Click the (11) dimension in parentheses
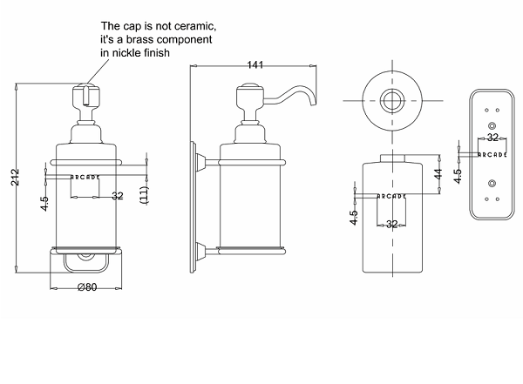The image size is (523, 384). tap(146, 195)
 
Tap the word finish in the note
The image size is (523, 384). tap(168, 54)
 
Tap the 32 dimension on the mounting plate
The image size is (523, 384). tap(492, 138)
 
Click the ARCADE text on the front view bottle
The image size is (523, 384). tap(85, 177)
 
